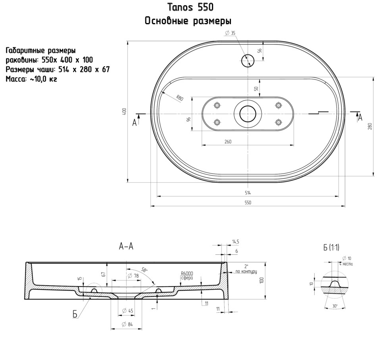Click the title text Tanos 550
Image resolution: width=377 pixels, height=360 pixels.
(190, 8)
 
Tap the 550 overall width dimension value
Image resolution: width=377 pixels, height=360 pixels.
(248, 203)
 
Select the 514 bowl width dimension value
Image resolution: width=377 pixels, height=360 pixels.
(248, 193)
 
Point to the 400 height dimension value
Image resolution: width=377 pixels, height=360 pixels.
(124, 112)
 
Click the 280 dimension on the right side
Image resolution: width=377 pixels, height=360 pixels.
(370, 126)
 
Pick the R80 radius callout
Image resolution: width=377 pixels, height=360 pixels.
(180, 98)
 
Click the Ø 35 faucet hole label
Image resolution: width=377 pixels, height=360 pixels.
(230, 33)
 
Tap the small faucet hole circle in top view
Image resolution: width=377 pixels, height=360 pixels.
(248, 60)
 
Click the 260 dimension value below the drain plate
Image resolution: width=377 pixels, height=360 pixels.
(228, 142)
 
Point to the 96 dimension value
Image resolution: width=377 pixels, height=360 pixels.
(189, 119)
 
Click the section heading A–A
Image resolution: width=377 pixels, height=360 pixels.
(126, 246)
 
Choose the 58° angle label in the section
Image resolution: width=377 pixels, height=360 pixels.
(144, 270)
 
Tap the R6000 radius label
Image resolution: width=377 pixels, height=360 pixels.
(187, 273)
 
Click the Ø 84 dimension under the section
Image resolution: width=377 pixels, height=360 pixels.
(127, 324)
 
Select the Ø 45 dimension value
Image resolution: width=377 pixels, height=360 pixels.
(127, 311)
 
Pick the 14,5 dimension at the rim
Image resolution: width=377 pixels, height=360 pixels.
(236, 242)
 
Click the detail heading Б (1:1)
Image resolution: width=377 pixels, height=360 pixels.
(331, 247)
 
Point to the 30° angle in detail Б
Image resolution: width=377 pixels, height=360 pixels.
(335, 306)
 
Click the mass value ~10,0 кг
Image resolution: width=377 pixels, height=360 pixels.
(43, 79)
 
